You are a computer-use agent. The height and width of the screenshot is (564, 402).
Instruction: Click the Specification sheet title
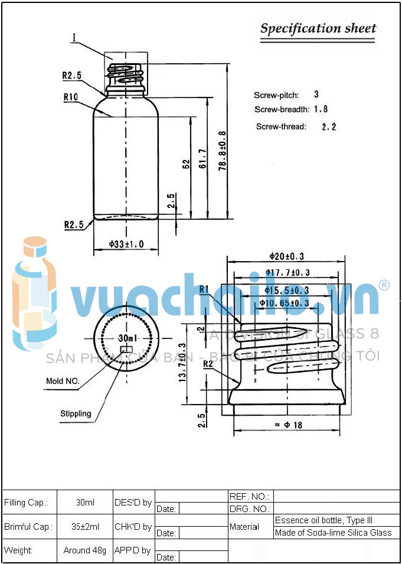[318, 28]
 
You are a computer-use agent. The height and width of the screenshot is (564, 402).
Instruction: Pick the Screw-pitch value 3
[316, 94]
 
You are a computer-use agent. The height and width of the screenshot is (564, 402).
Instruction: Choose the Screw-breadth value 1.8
[321, 109]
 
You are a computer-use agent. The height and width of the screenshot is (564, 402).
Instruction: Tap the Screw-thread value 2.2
[329, 126]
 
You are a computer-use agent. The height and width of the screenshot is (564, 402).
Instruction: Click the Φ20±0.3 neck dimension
[287, 256]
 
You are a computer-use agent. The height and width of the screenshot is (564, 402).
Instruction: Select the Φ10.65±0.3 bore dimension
[285, 303]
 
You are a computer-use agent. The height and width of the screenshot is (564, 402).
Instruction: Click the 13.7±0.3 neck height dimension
[182, 363]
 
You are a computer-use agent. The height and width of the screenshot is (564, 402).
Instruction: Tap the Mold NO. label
[63, 381]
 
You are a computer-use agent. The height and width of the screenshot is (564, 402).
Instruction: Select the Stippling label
[76, 413]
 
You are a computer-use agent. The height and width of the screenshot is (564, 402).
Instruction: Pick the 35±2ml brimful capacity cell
[85, 526]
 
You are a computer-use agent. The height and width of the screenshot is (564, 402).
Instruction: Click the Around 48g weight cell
[85, 550]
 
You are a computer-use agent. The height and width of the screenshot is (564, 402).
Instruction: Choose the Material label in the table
[244, 526]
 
